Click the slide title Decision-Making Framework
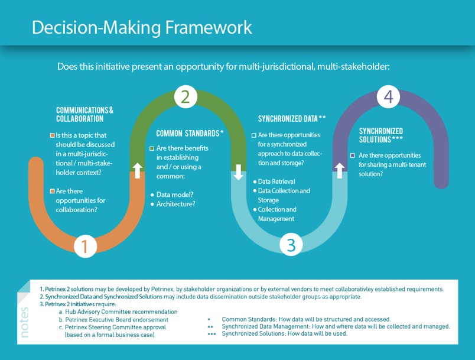[142, 27]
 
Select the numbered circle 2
[185, 96]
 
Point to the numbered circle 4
[388, 98]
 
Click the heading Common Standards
[190, 133]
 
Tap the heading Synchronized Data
[292, 119]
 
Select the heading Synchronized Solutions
[381, 135]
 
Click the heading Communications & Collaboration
[84, 115]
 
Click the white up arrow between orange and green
[137, 171]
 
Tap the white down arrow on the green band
[239, 172]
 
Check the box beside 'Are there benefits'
[152, 148]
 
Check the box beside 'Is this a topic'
[52, 135]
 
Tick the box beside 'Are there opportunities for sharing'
[353, 155]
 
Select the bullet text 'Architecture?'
[176, 204]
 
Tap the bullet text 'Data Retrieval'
[276, 181]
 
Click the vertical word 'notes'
[25, 322]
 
